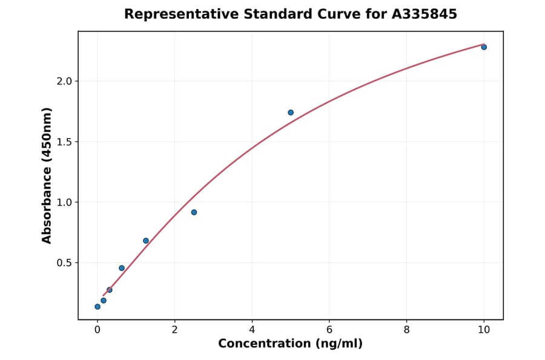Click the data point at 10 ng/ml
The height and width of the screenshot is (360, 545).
(484, 47)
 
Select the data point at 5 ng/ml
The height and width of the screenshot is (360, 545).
(291, 112)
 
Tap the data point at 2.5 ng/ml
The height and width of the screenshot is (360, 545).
(194, 212)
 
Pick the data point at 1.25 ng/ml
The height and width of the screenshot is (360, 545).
(146, 241)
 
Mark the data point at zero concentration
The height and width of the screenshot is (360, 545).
(97, 307)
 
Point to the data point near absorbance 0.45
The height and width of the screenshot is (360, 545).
(122, 268)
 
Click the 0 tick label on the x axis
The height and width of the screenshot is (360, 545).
(97, 330)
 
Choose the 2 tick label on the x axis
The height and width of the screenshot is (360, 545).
(174, 330)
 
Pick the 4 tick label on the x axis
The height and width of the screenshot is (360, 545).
(252, 330)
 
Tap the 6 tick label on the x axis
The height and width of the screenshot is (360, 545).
(329, 330)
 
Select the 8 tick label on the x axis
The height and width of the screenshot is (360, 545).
(406, 330)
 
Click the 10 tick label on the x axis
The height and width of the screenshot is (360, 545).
(484, 330)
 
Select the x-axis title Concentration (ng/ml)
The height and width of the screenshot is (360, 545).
(290, 344)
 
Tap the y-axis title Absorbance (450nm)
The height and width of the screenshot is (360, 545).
(47, 175)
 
